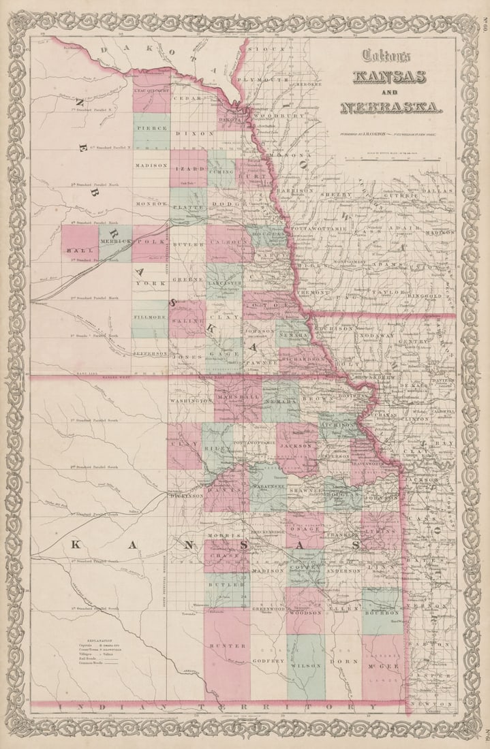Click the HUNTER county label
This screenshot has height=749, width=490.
pyautogui.click(x=227, y=644)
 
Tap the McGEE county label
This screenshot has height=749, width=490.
pyautogui.click(x=382, y=665)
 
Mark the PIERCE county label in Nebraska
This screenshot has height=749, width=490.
pyautogui.click(x=151, y=127)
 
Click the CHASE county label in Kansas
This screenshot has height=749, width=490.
pyautogui.click(x=226, y=556)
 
